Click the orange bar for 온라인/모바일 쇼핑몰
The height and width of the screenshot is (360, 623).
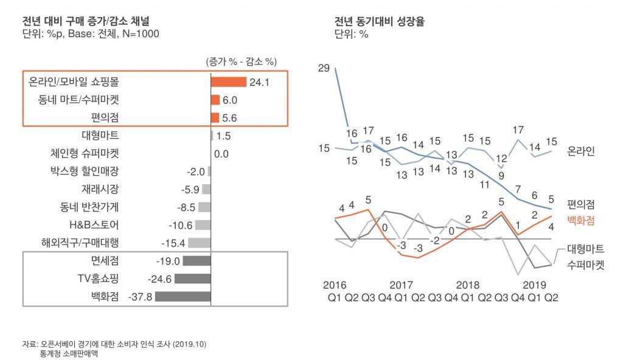coord(229,82)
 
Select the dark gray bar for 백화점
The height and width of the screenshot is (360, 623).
coord(183,296)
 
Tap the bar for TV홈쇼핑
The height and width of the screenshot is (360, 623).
coord(193,279)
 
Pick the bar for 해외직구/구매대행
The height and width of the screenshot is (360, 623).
coord(200,243)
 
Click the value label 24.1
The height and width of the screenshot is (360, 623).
coord(259,82)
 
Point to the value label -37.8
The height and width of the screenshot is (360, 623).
coord(141,297)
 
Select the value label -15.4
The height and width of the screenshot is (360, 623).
coord(173,243)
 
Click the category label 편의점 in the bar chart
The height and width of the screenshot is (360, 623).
coord(105,117)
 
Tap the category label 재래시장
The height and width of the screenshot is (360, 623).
coord(100,189)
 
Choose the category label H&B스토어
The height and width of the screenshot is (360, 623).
coord(94,225)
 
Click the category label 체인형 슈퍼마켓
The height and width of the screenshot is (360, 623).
coord(85,153)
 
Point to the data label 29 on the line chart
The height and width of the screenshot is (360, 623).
coord(324,68)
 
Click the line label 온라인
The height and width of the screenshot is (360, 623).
coord(580,151)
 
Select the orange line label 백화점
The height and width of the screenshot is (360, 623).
coord(580,220)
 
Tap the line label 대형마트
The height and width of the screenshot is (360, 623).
coord(585,249)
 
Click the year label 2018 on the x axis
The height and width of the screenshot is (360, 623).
coord(468,285)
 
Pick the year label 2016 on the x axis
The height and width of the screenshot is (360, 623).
coord(335,285)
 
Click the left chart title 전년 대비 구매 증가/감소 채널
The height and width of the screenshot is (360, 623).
coord(86,21)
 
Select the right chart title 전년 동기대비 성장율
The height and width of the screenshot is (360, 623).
coord(380,21)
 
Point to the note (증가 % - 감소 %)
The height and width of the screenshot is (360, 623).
coord(241,61)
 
